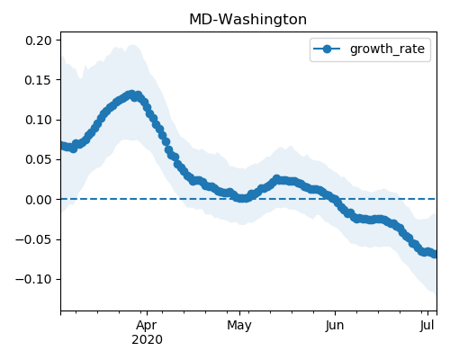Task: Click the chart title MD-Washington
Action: (247, 20)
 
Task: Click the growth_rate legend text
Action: (387, 49)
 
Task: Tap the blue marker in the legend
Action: (327, 49)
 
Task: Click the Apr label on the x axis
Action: (147, 326)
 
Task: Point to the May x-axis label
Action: (239, 326)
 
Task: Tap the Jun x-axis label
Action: (335, 326)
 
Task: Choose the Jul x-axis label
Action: (427, 326)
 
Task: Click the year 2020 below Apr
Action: (147, 340)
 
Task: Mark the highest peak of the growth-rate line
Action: (131, 95)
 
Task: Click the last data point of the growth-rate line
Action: (434, 255)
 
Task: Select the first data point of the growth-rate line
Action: (63, 146)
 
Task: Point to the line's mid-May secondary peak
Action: (276, 179)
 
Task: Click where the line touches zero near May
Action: (243, 198)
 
